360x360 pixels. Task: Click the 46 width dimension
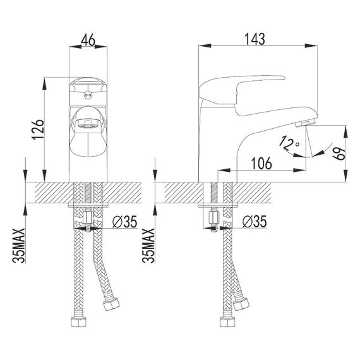pyautogui.click(x=88, y=41)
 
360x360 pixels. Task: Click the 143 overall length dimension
pyautogui.click(x=255, y=39)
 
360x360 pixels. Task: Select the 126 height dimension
pyautogui.click(x=38, y=129)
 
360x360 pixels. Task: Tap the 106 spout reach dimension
pyautogui.click(x=261, y=164)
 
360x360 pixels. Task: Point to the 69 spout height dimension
pyautogui.click(x=339, y=153)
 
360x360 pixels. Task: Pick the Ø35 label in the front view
pyautogui.click(x=124, y=222)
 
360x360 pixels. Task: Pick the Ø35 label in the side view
pyautogui.click(x=255, y=222)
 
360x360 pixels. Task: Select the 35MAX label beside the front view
pyautogui.click(x=18, y=246)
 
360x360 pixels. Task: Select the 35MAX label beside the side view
pyautogui.click(x=148, y=246)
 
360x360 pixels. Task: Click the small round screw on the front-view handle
pyautogui.click(x=87, y=94)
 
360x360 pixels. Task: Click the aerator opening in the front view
pyautogui.click(x=88, y=124)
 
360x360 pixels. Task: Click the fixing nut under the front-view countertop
pyautogui.click(x=88, y=219)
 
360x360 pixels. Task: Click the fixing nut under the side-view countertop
pyautogui.click(x=214, y=219)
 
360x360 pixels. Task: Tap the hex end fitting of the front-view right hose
pyautogui.click(x=111, y=304)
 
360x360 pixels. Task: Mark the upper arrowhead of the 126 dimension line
pyautogui.click(x=44, y=83)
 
